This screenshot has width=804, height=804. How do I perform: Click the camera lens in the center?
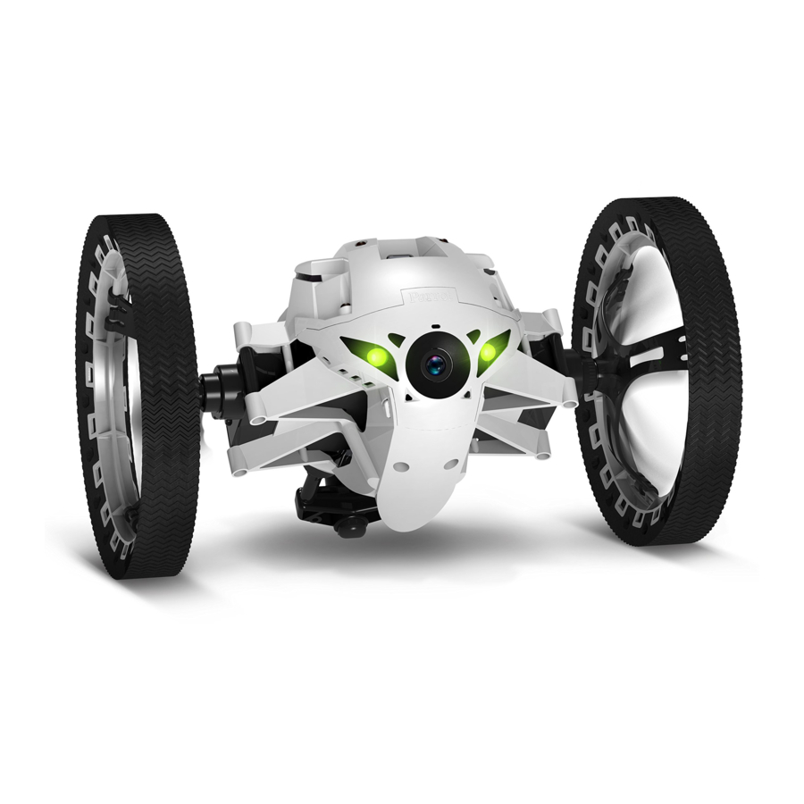coord(434,363)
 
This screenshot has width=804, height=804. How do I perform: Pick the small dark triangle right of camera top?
coord(472,336)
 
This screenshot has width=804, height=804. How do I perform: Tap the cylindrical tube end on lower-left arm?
coord(238,462)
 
